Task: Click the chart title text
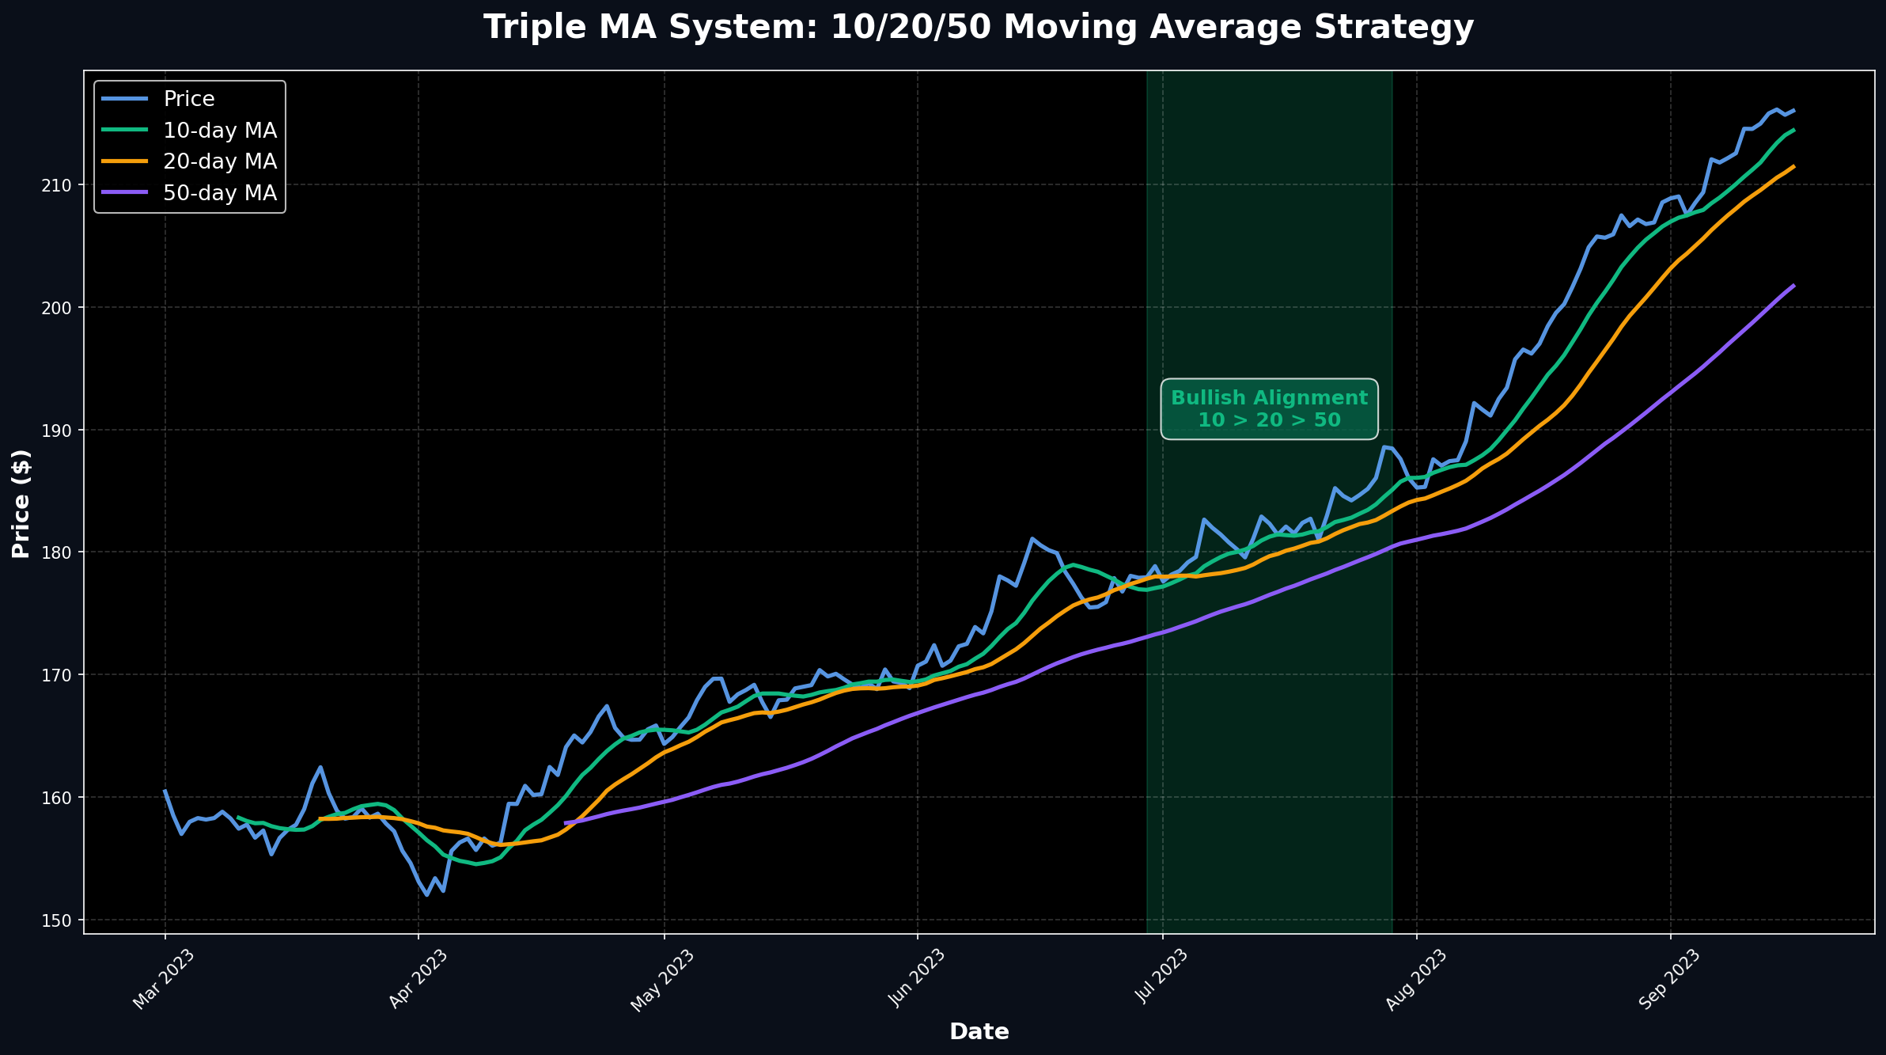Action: point(979,28)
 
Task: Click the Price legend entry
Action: point(189,99)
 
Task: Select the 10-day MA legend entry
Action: point(219,131)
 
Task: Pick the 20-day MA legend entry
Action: point(219,161)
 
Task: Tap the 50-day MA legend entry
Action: point(219,193)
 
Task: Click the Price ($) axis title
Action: point(21,503)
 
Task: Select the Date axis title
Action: point(979,1031)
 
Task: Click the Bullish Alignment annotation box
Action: point(1269,408)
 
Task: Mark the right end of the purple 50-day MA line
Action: point(1793,286)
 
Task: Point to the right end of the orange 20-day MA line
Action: point(1793,166)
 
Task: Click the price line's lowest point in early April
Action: point(426,894)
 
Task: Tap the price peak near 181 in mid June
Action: point(1032,538)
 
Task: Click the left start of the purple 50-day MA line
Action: point(565,823)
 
